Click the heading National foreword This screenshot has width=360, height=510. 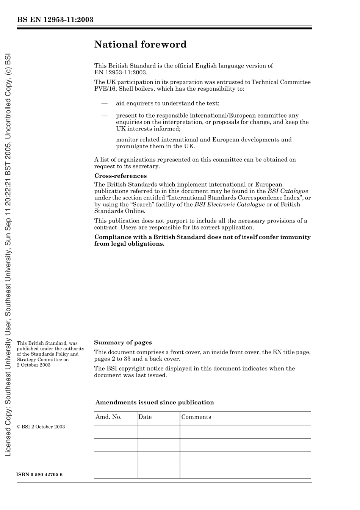click(x=140, y=45)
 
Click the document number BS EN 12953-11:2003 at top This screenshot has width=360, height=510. click(x=55, y=20)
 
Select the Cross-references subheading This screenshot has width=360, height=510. click(x=120, y=176)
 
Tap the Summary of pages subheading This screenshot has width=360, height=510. click(x=123, y=342)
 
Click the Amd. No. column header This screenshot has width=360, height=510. click(x=108, y=417)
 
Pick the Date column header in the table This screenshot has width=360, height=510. click(x=145, y=417)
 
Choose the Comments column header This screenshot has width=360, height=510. click(x=196, y=417)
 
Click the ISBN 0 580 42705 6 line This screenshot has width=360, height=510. click(x=40, y=475)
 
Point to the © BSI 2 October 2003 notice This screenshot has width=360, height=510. click(x=41, y=427)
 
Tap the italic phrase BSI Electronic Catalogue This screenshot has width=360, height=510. click(x=229, y=204)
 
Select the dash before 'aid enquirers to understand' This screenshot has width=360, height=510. click(x=104, y=103)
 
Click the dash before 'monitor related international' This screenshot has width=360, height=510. click(x=104, y=140)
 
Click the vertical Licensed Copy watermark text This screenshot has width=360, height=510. click(x=8, y=254)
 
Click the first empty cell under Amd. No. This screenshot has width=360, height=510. click(x=115, y=432)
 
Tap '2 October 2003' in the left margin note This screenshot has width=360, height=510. click(x=34, y=365)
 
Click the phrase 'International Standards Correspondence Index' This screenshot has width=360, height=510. click(x=233, y=198)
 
